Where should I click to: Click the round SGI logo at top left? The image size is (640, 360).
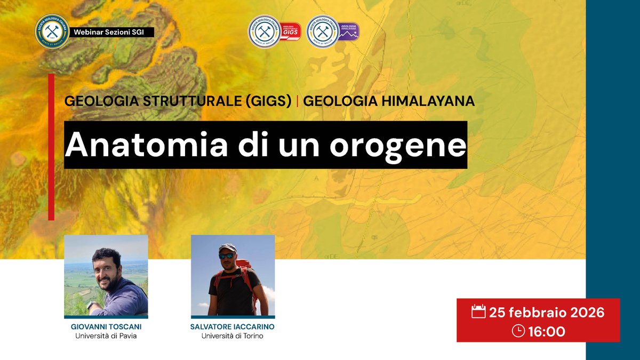pos(52,32)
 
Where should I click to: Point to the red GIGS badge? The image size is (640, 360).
pos(291,31)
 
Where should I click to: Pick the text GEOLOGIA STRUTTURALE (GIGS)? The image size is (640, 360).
pos(179,101)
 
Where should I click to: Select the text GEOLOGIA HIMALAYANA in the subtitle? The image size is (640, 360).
pos(389,101)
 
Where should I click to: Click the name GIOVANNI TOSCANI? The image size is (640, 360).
pos(106,326)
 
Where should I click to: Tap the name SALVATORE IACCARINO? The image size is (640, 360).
pos(233,326)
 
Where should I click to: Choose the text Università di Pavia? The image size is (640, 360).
pos(106,336)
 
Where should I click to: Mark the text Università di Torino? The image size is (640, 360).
pos(233,336)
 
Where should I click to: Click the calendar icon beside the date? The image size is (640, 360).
pos(478,312)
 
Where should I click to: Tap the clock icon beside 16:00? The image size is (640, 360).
pos(518,331)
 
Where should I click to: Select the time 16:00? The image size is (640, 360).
pos(546,331)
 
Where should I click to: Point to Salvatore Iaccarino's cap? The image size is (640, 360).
pos(227,248)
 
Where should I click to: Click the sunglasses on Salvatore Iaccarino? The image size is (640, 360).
pos(227,255)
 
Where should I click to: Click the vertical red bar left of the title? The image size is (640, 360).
pos(51,147)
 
